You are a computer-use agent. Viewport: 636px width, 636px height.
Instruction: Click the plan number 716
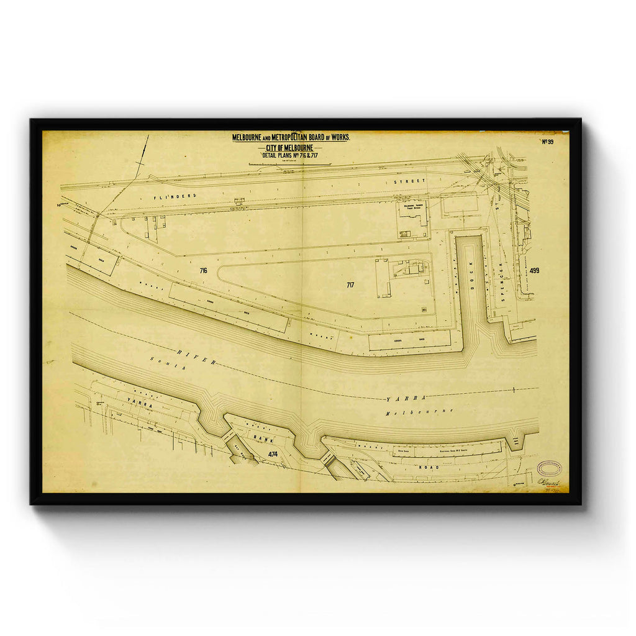point(203,271)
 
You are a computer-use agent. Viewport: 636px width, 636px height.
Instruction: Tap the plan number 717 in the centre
point(351,285)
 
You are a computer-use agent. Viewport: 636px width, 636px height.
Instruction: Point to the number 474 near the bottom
point(273,455)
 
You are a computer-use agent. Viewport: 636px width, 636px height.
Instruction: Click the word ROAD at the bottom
point(430,466)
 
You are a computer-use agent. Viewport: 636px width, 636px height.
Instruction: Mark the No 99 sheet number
point(547,142)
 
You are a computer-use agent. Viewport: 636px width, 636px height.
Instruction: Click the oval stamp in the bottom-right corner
point(548,467)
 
